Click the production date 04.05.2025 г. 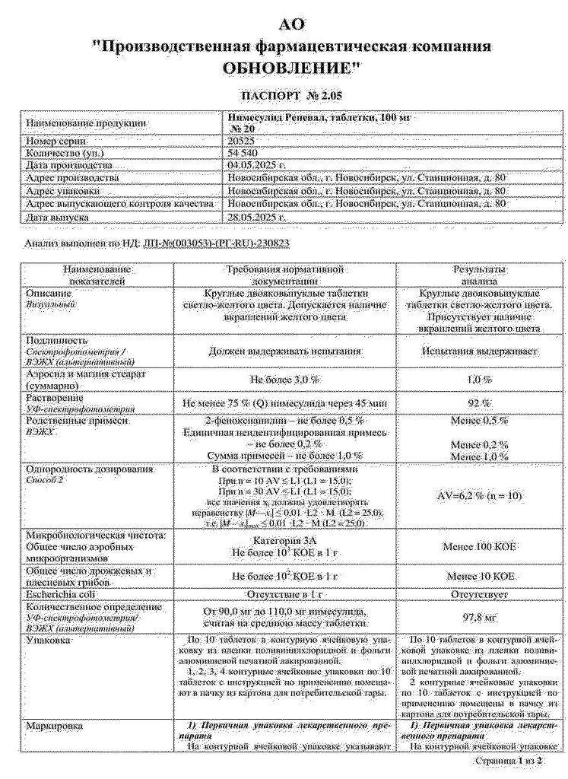click(x=255, y=164)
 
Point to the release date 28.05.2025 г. click(x=255, y=217)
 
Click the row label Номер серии click(x=57, y=141)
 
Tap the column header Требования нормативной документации click(x=286, y=275)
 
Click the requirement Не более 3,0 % click(x=286, y=378)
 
